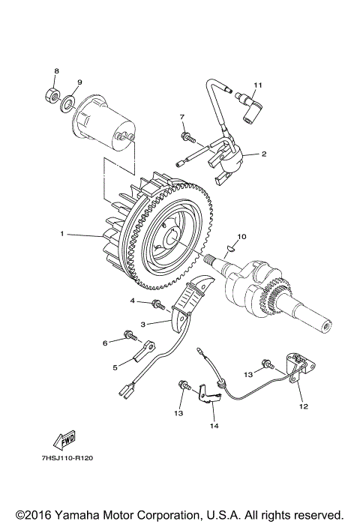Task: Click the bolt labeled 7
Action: coord(187,137)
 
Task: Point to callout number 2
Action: coord(264,154)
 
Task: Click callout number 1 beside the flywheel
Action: coord(62,234)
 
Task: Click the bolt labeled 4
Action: coord(158,304)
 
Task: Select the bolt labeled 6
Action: coord(130,335)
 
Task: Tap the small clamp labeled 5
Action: coord(144,351)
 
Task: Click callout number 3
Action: coord(143,324)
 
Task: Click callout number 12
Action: coord(304,406)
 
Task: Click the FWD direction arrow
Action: coord(64,440)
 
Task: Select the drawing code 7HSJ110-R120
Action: coord(67,458)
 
